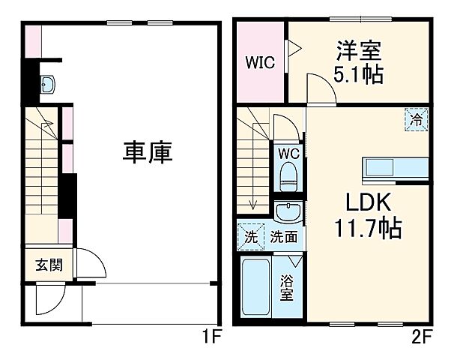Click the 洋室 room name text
(x=357, y=52)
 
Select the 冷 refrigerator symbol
(x=416, y=118)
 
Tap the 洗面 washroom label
(x=283, y=237)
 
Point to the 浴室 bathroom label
(x=287, y=288)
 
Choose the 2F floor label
(x=420, y=337)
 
